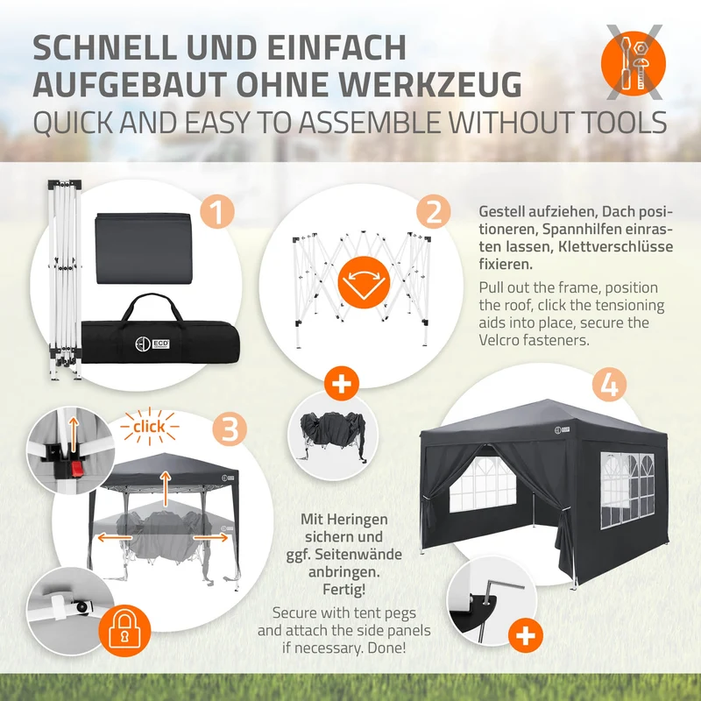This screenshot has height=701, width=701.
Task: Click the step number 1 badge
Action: click(216, 212)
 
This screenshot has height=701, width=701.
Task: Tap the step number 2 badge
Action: click(434, 212)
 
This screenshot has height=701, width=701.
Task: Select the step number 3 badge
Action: click(230, 428)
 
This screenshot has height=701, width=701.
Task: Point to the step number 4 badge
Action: click(609, 385)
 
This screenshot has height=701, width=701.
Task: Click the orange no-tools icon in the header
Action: click(634, 63)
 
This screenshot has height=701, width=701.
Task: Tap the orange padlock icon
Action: click(124, 631)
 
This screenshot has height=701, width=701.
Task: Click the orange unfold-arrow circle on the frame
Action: click(364, 282)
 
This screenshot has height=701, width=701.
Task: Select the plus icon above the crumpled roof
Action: click(342, 384)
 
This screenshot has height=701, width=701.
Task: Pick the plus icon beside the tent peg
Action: click(526, 635)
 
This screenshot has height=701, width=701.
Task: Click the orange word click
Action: click(149, 427)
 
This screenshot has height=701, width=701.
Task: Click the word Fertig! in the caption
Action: click(344, 589)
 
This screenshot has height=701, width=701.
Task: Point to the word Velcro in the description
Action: click(501, 340)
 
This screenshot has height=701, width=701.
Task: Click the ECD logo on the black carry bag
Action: click(152, 343)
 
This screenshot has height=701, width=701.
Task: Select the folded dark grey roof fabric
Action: click(143, 248)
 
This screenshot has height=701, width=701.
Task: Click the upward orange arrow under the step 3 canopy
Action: click(166, 488)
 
